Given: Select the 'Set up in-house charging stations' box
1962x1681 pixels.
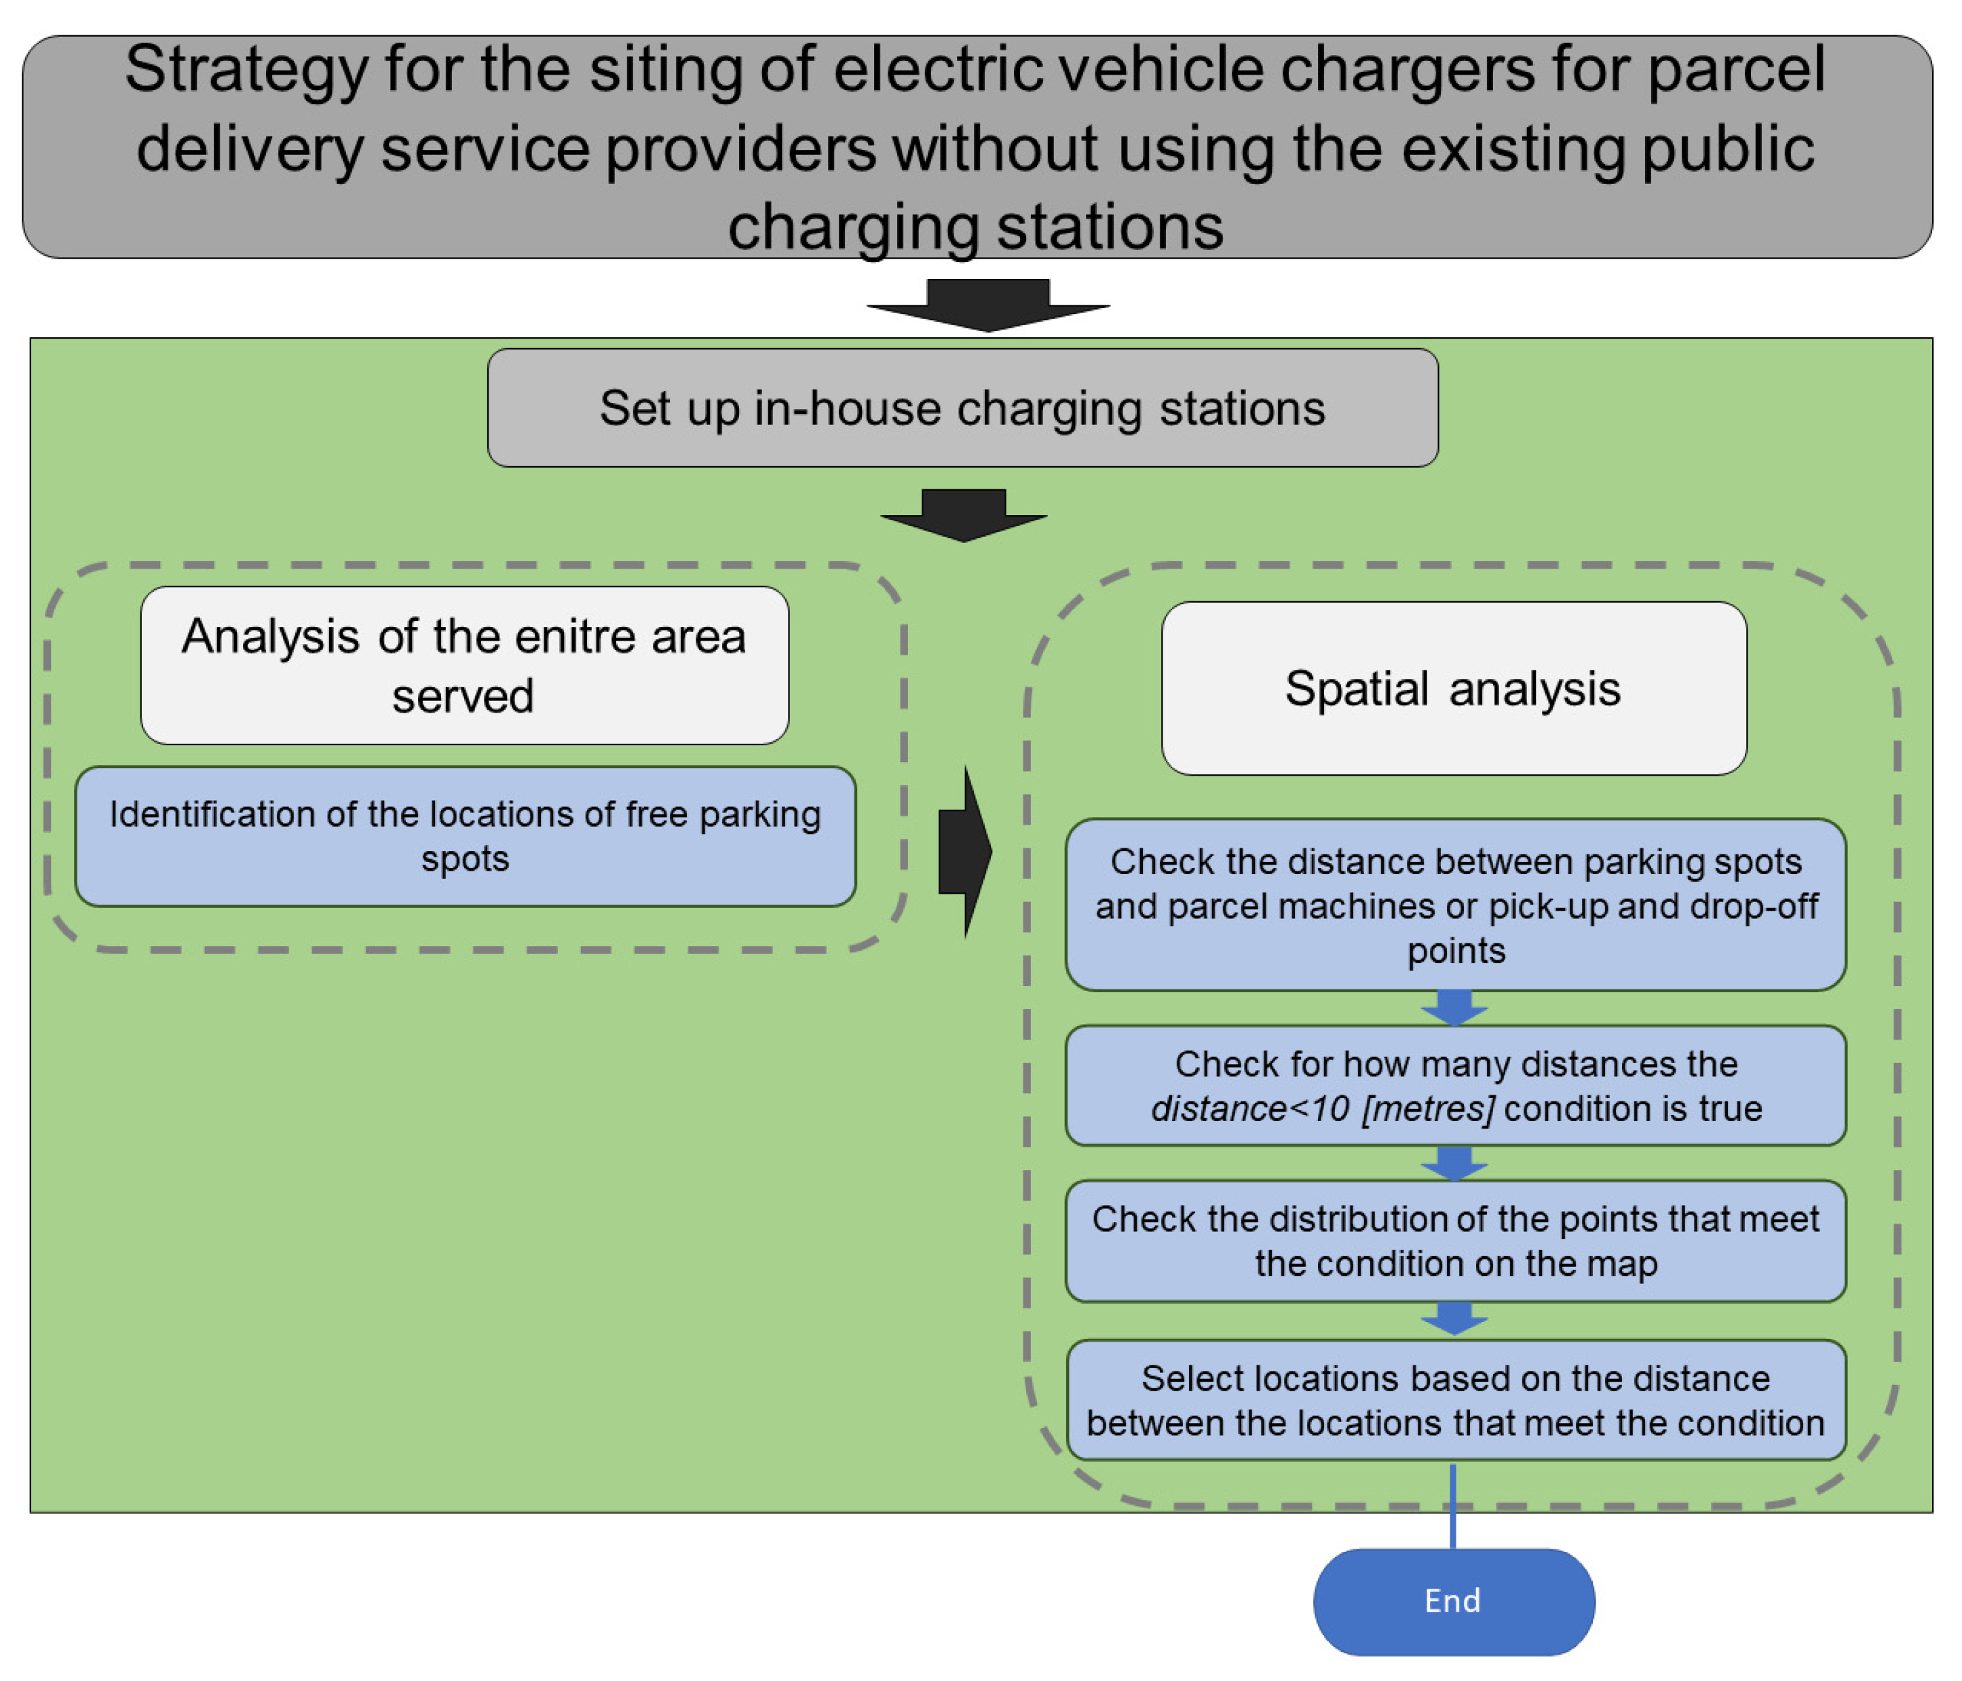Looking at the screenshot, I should [x=962, y=408].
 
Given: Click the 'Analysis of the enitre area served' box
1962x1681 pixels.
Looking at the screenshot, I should [x=464, y=665].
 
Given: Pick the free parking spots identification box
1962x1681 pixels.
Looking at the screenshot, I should [x=465, y=836].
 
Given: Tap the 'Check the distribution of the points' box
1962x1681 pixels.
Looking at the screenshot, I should [x=1456, y=1241].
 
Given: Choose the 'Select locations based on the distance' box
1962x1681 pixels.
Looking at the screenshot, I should [x=1456, y=1400].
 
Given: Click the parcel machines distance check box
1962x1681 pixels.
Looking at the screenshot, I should [x=1456, y=905].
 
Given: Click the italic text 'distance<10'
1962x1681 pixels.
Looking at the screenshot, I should [x=1249, y=1109].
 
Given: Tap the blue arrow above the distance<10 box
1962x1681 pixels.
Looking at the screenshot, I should [x=1454, y=1008].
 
